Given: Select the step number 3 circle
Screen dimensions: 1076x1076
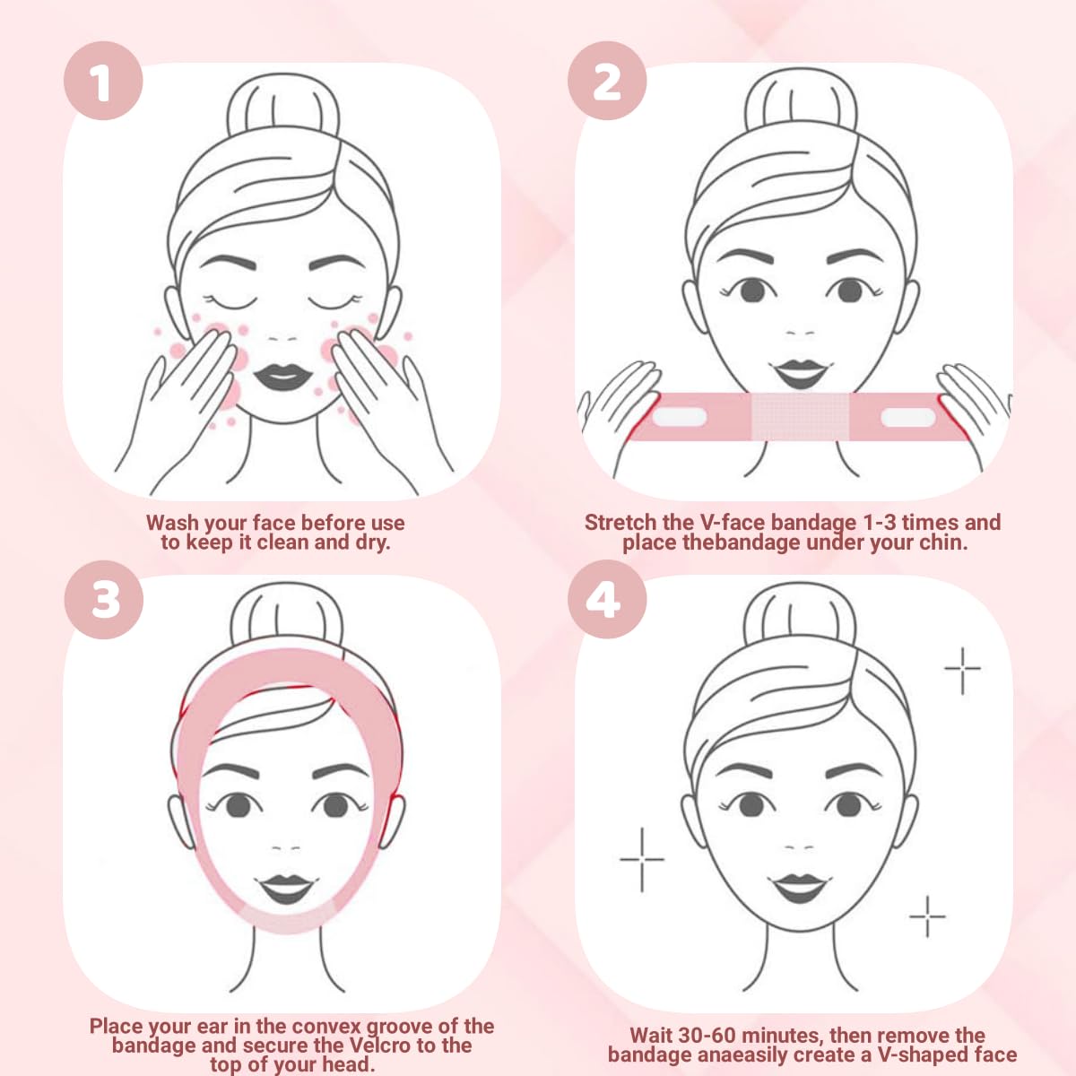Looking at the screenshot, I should tap(103, 598).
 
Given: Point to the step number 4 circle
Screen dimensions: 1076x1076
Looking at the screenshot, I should tap(607, 598).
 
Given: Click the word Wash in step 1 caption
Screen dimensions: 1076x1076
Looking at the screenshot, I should tap(172, 523).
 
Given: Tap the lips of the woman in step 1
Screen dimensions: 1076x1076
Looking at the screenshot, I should tap(282, 376).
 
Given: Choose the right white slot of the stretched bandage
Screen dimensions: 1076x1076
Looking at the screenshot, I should tap(907, 417).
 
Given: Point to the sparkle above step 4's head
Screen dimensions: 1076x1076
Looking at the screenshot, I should tap(962, 668).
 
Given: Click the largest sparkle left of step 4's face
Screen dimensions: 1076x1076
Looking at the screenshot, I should tap(642, 859).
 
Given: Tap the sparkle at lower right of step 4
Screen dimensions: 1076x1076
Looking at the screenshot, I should tap(927, 916).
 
